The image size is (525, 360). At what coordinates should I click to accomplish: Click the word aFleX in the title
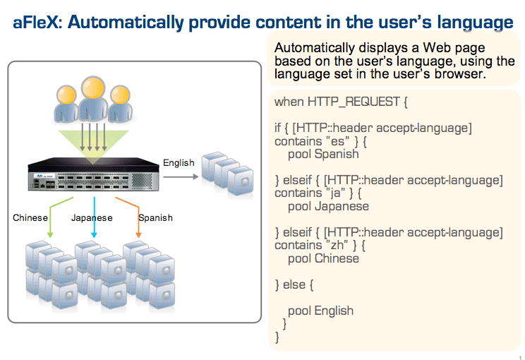[x=35, y=23]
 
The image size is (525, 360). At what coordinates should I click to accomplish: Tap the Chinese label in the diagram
[x=30, y=217]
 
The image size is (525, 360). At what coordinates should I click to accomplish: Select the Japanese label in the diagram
[x=92, y=218]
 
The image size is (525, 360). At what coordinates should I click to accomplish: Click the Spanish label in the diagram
[x=156, y=217]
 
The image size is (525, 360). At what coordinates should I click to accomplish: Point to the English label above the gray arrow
[x=179, y=163]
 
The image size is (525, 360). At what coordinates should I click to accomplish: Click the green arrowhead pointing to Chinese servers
[x=50, y=235]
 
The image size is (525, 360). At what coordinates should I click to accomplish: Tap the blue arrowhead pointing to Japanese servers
[x=94, y=235]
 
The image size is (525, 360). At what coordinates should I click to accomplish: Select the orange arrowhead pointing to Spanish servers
[x=138, y=235]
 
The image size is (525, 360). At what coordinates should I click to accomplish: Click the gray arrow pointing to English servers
[x=181, y=176]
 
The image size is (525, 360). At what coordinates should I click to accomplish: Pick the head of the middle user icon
[x=93, y=87]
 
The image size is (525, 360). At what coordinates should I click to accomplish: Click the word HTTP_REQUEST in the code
[x=354, y=102]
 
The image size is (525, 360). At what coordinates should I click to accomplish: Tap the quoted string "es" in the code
[x=338, y=141]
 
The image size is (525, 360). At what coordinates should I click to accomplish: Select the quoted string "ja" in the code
[x=334, y=193]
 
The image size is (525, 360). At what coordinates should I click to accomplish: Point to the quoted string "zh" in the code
[x=337, y=245]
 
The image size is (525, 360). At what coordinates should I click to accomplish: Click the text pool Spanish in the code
[x=323, y=155]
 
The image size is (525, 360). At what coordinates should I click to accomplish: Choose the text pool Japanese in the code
[x=328, y=206]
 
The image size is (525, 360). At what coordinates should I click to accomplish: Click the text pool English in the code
[x=321, y=311]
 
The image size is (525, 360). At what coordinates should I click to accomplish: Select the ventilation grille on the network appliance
[x=142, y=181]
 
